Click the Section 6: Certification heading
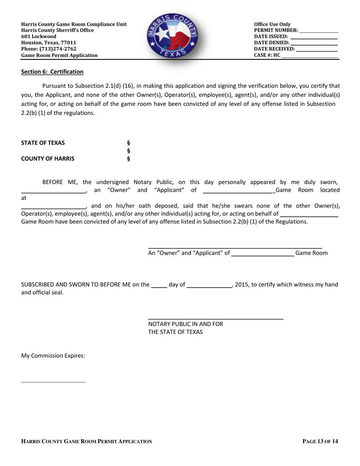point(52,72)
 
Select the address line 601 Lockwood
point(39,36)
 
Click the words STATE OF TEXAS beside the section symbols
point(43,143)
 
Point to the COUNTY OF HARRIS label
point(48,159)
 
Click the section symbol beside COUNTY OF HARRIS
point(128,159)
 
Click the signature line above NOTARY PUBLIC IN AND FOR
point(216,319)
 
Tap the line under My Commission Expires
point(53,382)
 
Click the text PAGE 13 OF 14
point(320,441)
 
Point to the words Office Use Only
point(272,24)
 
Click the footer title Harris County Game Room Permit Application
point(87,441)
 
